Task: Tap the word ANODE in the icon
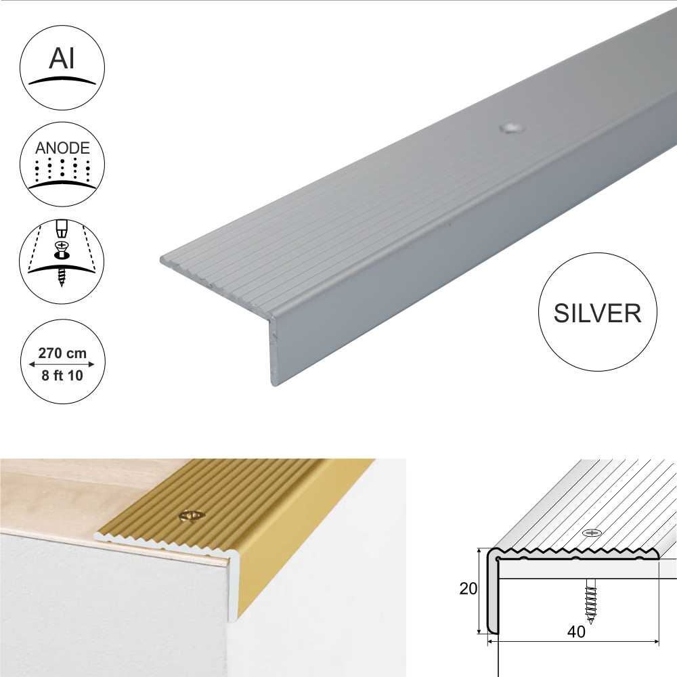pos(62,148)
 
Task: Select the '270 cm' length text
pos(62,353)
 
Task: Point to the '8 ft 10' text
pos(62,376)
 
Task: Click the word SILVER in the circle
pos(598,313)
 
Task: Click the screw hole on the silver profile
pos(510,128)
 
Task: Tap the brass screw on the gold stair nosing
pos(191,515)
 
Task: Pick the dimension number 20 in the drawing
pos(468,588)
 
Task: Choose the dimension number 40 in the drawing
pos(576,632)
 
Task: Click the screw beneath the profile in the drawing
pos(590,599)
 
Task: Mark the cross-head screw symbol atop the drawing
pos(592,533)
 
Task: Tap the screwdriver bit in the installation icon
pos(62,228)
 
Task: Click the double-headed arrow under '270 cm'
pos(62,364)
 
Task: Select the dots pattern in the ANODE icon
pos(62,170)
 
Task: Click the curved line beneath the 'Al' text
pos(62,81)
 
